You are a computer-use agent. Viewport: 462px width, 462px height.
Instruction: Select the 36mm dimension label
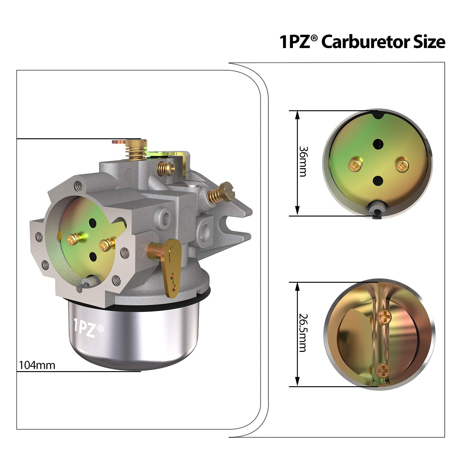[x=303, y=161]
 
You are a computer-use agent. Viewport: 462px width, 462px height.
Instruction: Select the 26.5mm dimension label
[x=303, y=333]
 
